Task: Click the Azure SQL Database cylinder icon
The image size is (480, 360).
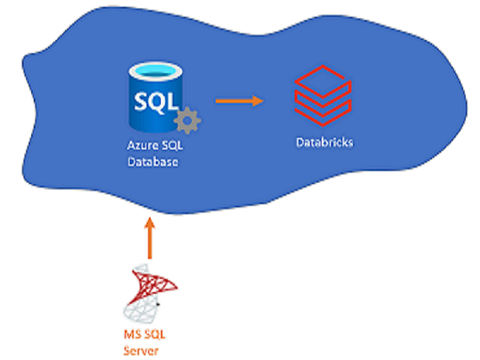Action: [x=156, y=97]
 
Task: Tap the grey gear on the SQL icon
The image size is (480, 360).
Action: [x=187, y=120]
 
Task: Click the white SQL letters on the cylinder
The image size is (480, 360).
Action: [x=156, y=102]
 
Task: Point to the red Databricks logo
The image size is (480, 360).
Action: [x=323, y=96]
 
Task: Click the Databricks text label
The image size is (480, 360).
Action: [x=324, y=143]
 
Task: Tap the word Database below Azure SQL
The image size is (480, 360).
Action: [x=153, y=162]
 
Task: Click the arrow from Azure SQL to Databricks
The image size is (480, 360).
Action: [x=240, y=101]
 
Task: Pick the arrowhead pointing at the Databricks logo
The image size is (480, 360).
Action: [x=258, y=101]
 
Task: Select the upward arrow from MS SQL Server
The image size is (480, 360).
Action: [x=150, y=238]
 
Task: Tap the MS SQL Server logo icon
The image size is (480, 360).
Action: [x=150, y=293]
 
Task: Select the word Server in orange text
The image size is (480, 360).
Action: [x=141, y=351]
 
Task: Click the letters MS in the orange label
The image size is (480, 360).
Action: [x=132, y=334]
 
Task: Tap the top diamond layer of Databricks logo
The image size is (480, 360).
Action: [x=323, y=81]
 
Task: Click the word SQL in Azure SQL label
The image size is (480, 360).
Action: [x=172, y=145]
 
